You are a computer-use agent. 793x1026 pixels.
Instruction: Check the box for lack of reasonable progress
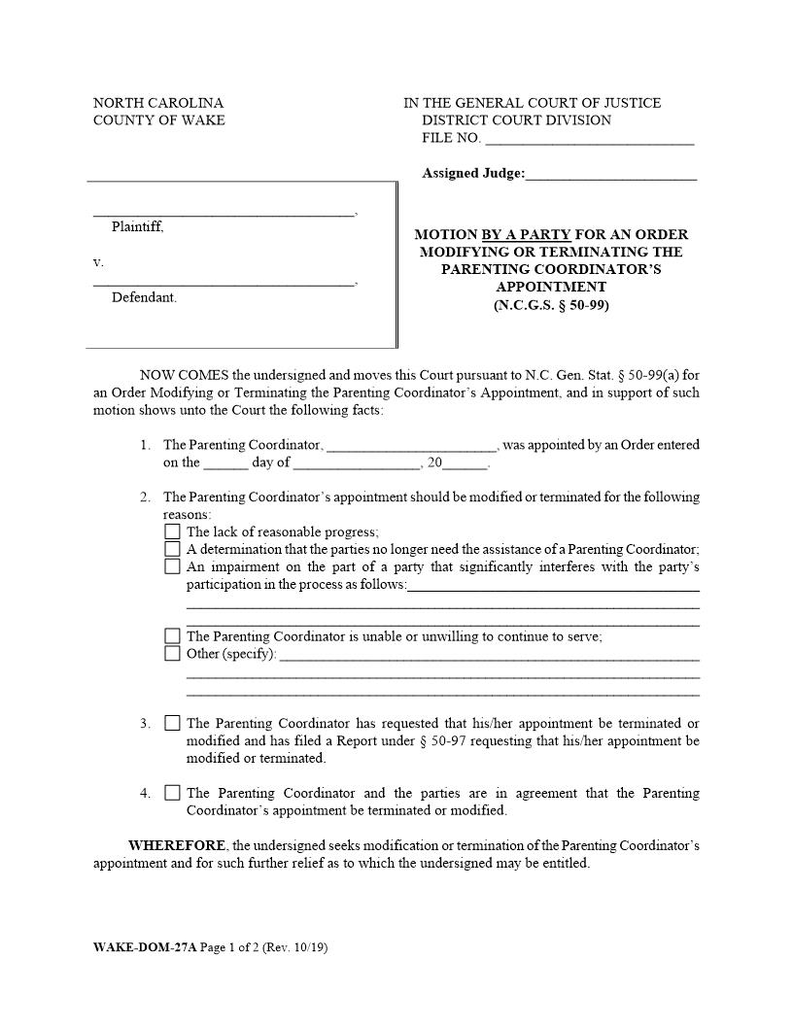point(172,531)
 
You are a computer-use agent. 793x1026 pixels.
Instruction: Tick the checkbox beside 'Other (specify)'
point(172,654)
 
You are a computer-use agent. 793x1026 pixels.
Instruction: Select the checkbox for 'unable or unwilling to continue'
point(172,636)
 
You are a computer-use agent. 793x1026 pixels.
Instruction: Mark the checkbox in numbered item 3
point(172,723)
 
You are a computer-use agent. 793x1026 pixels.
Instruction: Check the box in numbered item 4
point(172,793)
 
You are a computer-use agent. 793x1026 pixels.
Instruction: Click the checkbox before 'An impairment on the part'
point(172,566)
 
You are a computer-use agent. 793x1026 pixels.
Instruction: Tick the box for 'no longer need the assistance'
point(172,549)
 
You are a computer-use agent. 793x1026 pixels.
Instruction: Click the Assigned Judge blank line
point(611,176)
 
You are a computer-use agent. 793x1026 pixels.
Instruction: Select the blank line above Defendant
point(224,283)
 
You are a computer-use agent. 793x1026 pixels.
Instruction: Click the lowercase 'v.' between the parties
point(98,262)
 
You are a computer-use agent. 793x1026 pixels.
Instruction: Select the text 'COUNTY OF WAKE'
point(158,120)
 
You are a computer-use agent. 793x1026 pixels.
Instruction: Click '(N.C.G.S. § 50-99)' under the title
point(551,304)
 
